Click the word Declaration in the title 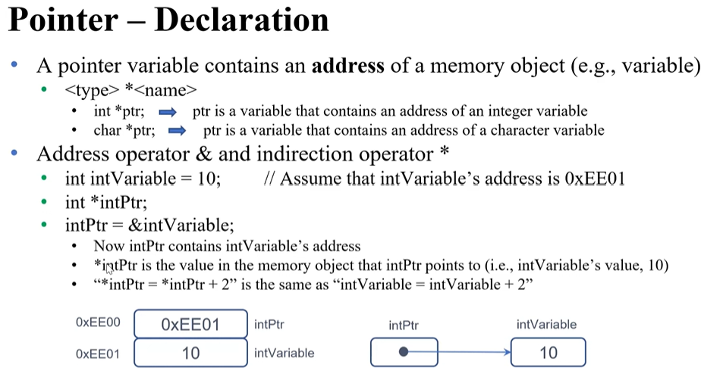241,20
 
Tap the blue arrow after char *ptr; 177,130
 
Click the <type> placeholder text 88,91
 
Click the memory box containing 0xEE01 190,325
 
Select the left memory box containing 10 190,353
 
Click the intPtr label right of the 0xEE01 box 269,325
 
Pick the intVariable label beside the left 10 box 284,353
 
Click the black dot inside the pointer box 404,351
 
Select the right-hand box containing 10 548,352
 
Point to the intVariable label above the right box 546,325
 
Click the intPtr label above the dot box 404,325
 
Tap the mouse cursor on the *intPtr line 109,267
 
